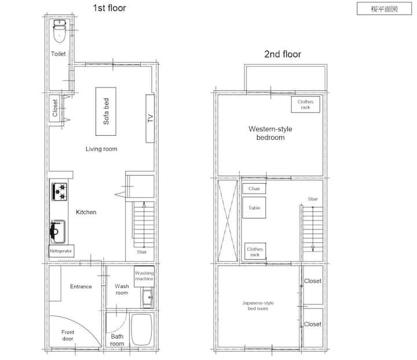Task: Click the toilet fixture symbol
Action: coord(60,31)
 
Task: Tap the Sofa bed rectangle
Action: coord(106,111)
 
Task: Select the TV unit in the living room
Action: coord(150,118)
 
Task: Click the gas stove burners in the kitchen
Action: coord(60,191)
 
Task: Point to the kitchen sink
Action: coord(58,231)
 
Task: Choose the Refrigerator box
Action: coord(61,251)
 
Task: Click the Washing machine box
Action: coord(144,276)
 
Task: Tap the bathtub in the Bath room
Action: coord(142,330)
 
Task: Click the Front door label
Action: coord(68,336)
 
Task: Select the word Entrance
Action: coord(81,286)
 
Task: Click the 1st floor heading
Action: coord(109,8)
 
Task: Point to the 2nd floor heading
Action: coord(283,54)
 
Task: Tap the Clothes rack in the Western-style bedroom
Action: coord(306,104)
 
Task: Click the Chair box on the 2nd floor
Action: coord(254,188)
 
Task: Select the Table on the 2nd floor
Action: coord(254,208)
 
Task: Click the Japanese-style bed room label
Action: coord(258,306)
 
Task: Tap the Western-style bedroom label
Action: coord(270,133)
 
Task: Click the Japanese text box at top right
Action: coord(385,9)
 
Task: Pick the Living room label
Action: coord(101,149)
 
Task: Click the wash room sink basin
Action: coord(147,298)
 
